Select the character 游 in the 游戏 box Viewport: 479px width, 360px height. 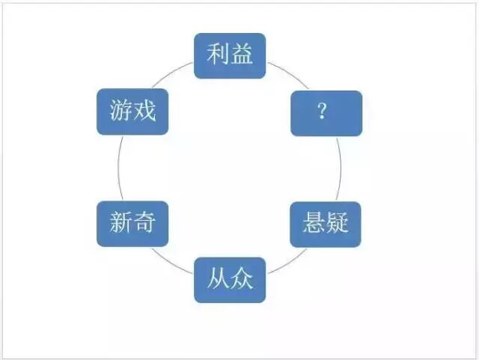pyautogui.click(x=120, y=112)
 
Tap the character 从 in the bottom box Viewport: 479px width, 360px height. pyautogui.click(x=218, y=280)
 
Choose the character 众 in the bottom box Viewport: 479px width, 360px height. pyautogui.click(x=241, y=280)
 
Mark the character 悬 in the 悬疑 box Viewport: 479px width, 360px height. pyautogui.click(x=314, y=223)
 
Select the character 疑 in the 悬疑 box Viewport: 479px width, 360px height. pyautogui.click(x=338, y=223)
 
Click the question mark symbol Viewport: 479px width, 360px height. pyautogui.click(x=322, y=113)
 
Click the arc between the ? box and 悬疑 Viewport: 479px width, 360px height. pyautogui.click(x=341, y=168)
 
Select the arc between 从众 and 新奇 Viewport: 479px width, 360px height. pyautogui.click(x=171, y=260)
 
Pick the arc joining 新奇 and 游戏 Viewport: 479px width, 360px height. pyautogui.click(x=118, y=168)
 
